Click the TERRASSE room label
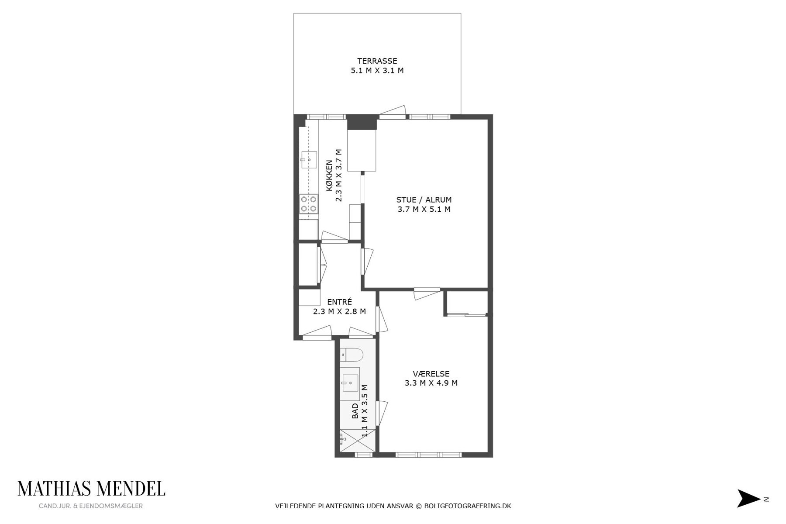pos(377,61)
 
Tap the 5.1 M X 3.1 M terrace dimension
pos(377,70)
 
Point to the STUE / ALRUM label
pos(424,200)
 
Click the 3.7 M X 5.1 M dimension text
pos(424,209)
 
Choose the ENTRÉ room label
pos(339,302)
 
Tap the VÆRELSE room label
pos(431,374)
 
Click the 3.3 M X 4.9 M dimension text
pos(431,383)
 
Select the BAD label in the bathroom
pos(355,411)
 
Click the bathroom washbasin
pos(350,383)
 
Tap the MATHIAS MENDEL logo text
pos(91,489)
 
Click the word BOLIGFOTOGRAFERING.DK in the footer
pos(468,506)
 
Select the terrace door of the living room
pos(393,113)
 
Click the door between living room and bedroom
pos(427,293)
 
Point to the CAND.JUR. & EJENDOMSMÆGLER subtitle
pos(91,506)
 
